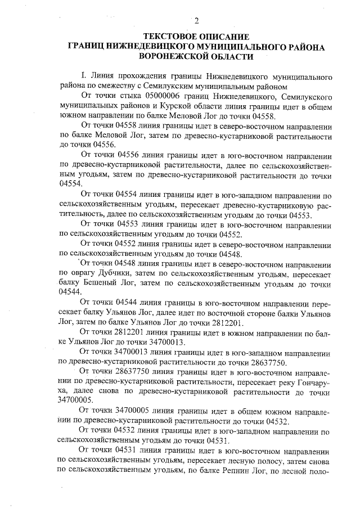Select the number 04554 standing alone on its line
(70, 184)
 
